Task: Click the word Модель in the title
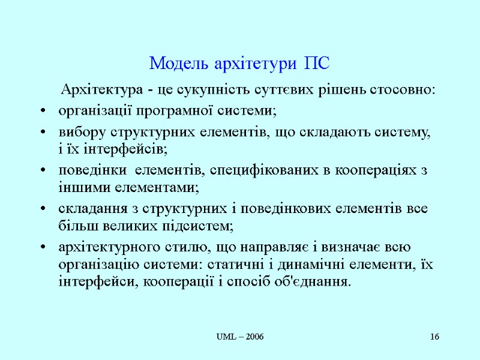(176, 63)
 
